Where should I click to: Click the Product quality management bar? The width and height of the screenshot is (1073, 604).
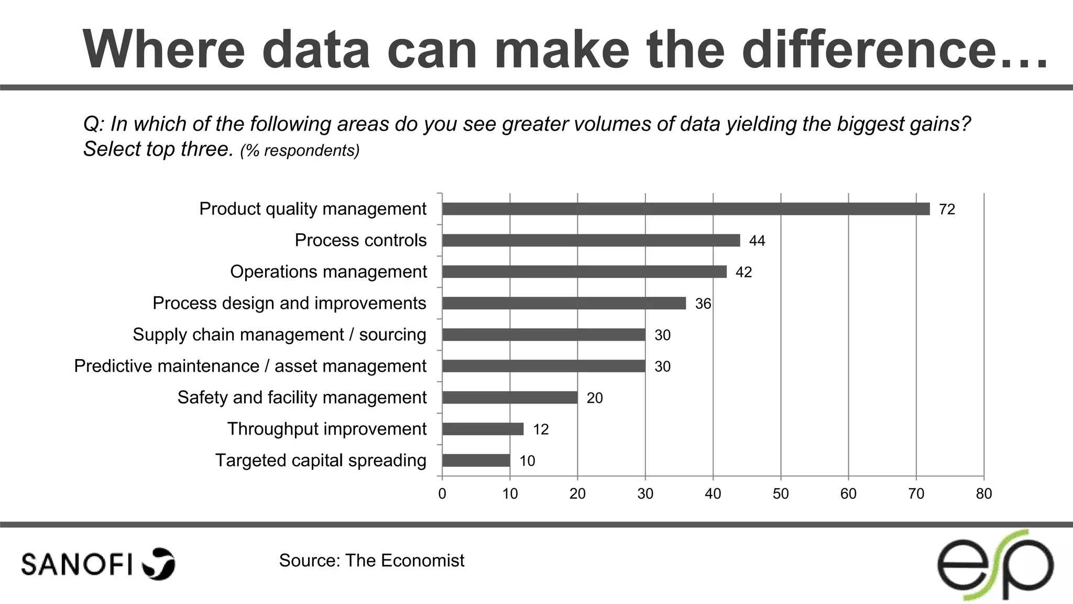[x=685, y=209]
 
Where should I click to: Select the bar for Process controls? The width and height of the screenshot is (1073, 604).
[x=591, y=240]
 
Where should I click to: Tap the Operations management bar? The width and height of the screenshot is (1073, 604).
[x=584, y=272]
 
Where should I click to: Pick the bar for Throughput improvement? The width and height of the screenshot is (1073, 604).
[x=483, y=429]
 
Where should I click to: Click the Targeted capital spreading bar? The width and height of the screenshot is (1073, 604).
[x=476, y=460]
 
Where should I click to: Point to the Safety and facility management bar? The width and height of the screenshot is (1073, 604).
[x=510, y=397]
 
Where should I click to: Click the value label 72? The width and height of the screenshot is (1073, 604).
[x=947, y=210]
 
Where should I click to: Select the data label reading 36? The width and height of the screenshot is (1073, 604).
[x=703, y=304]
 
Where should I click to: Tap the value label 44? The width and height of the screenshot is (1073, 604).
[x=757, y=241]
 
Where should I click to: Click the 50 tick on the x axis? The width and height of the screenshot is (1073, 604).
[x=781, y=494]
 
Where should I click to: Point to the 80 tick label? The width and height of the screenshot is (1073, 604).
[x=984, y=494]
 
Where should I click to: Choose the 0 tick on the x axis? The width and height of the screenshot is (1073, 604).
[x=442, y=494]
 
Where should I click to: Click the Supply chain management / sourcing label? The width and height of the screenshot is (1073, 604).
[x=279, y=335]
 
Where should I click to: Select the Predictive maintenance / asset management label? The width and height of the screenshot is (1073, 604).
[x=250, y=366]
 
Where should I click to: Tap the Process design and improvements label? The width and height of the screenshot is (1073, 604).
[x=289, y=303]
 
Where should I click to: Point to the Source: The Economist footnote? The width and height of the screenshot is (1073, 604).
[x=371, y=560]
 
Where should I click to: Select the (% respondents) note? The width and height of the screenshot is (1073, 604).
[x=300, y=151]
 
